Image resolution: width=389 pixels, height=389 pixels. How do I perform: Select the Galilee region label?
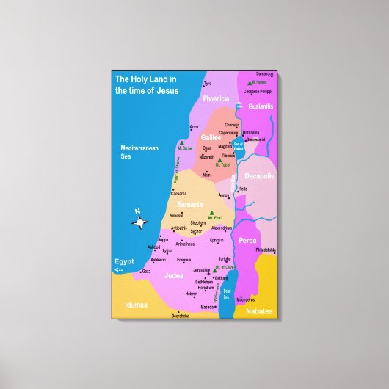tap(211, 137)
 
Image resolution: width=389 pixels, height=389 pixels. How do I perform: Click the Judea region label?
tap(174, 275)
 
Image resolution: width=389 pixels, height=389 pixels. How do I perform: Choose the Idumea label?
tap(137, 303)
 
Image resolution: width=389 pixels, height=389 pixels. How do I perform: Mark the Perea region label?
tap(247, 240)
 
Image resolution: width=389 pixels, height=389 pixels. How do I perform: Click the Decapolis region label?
tap(260, 176)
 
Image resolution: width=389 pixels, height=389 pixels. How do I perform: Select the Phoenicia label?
tap(217, 98)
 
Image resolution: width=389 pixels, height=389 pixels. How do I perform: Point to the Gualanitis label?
tap(261, 106)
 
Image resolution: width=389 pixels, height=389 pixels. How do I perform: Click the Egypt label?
tap(123, 261)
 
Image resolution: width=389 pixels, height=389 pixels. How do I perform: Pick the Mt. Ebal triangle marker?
tap(214, 214)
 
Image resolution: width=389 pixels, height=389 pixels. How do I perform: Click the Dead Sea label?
tap(227, 294)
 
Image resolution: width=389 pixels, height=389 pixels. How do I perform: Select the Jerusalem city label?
tap(201, 270)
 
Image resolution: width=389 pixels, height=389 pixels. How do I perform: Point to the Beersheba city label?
tap(180, 316)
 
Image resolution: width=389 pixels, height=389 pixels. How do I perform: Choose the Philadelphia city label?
tap(266, 250)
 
